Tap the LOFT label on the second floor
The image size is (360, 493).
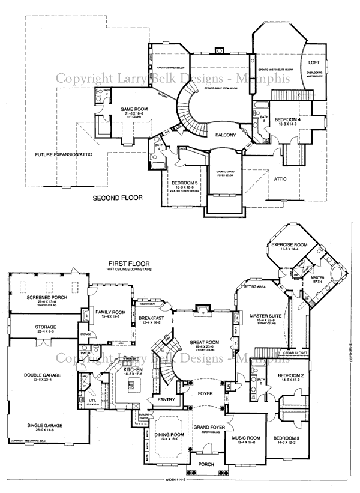click(314, 62)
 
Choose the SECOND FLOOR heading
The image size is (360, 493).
click(117, 197)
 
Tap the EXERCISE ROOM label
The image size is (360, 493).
click(289, 245)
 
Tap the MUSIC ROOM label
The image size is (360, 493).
click(246, 440)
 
